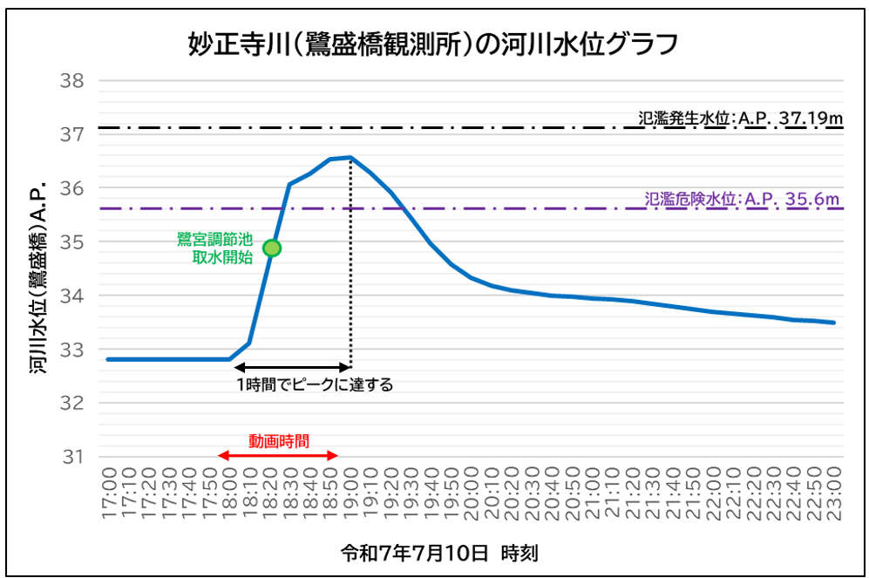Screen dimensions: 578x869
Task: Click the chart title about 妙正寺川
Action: (x=433, y=43)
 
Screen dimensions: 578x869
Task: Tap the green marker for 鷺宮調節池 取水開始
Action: (x=272, y=248)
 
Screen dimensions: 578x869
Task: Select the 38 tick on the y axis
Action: (x=71, y=81)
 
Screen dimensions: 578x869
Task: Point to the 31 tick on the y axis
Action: (x=71, y=457)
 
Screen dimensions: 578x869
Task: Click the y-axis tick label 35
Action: (x=71, y=241)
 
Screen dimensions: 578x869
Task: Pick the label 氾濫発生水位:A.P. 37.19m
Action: (x=740, y=117)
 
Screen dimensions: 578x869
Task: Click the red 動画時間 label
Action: (x=278, y=441)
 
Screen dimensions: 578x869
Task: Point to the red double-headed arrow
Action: (x=277, y=455)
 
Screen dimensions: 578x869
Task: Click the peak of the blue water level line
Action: (x=350, y=157)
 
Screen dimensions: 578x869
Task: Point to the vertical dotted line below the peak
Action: (x=350, y=279)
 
